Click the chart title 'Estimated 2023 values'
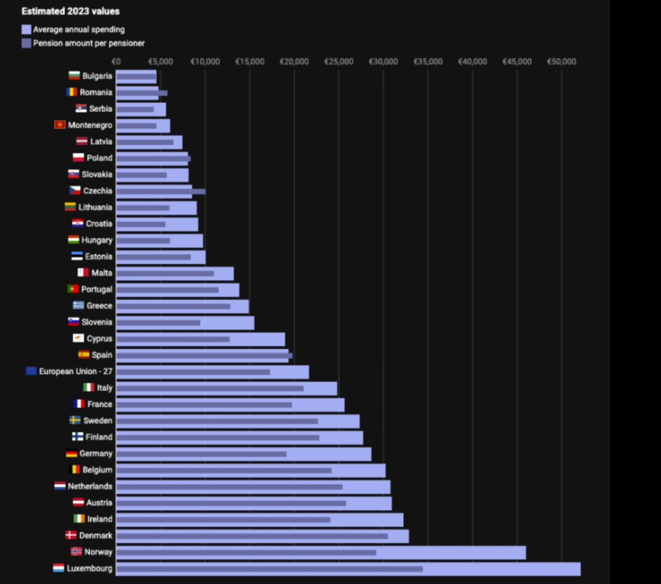coord(70,11)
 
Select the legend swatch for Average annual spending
coord(26,30)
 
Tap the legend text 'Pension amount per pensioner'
coord(89,43)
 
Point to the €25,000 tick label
coord(339,62)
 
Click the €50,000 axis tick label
coord(561,62)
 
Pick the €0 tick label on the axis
coord(116,62)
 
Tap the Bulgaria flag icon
coord(74,76)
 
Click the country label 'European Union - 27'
coord(76,371)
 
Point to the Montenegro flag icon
coord(60,125)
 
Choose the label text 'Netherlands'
coord(90,486)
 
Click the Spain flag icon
coord(84,355)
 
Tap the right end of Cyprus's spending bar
coord(284,339)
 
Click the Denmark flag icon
coord(71,535)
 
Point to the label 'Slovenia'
coord(97,322)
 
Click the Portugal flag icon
coord(73,289)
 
